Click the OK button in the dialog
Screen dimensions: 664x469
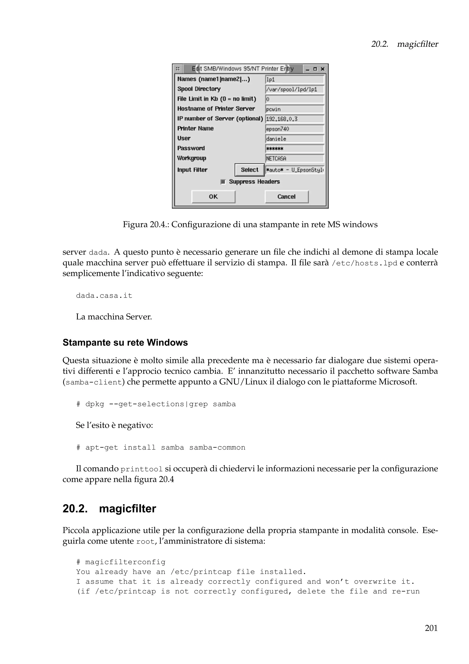[213, 197]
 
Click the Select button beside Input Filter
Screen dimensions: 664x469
[249, 170]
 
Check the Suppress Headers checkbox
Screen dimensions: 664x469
[223, 182]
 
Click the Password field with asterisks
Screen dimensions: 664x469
[294, 149]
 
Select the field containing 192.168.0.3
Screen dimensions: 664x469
[294, 119]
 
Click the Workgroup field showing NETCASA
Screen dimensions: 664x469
[294, 159]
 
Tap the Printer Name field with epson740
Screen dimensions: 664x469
[294, 129]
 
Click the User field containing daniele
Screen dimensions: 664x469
[294, 139]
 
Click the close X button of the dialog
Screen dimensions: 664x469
[323, 69]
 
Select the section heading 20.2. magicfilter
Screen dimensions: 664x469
[109, 509]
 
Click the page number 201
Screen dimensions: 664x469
[431, 628]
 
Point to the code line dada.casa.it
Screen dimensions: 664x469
[104, 296]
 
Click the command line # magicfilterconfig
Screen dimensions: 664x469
[121, 562]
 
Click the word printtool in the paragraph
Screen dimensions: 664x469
[142, 469]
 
